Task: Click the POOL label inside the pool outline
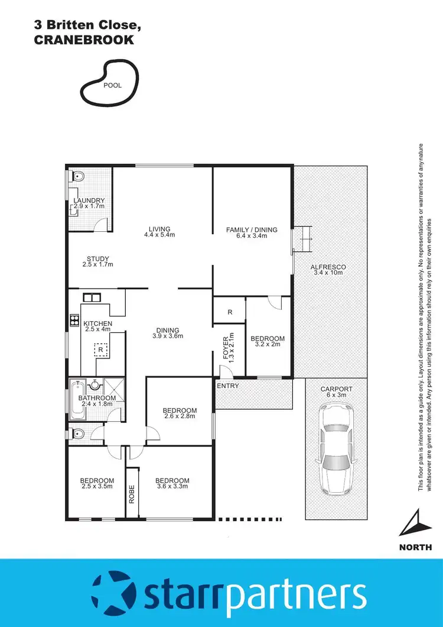pyautogui.click(x=112, y=85)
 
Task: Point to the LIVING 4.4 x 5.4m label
pyautogui.click(x=159, y=232)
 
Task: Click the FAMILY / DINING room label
pyautogui.click(x=252, y=232)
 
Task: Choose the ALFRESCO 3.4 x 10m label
pyautogui.click(x=328, y=270)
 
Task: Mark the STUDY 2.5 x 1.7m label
pyautogui.click(x=97, y=261)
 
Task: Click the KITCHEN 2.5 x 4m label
pyautogui.click(x=97, y=327)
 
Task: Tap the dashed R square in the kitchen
pyautogui.click(x=101, y=350)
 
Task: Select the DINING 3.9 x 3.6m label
pyautogui.click(x=168, y=334)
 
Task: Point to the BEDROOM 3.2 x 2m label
pyautogui.click(x=268, y=342)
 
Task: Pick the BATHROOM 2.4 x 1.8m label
pyautogui.click(x=97, y=402)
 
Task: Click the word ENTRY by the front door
pyautogui.click(x=228, y=386)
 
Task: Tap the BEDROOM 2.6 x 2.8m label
pyautogui.click(x=180, y=413)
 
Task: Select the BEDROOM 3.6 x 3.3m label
pyautogui.click(x=172, y=484)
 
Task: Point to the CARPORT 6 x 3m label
pyautogui.click(x=337, y=392)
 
